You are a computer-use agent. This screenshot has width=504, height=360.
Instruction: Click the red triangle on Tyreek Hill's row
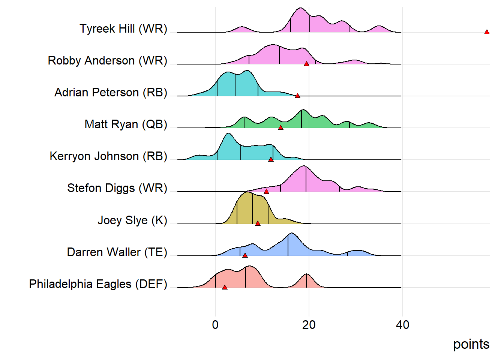487,32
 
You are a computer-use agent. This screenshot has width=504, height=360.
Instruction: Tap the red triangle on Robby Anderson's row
306,64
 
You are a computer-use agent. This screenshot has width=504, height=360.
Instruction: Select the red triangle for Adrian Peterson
297,96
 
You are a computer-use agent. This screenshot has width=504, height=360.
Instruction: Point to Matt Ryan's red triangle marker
280,128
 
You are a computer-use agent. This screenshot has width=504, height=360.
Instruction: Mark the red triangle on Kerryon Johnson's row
271,160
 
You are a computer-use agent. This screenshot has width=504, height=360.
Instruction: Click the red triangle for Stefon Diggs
266,192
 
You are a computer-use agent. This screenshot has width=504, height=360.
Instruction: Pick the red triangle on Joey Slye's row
258,223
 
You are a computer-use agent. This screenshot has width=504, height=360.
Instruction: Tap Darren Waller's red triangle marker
245,255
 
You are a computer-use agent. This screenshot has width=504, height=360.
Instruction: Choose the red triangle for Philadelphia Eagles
225,288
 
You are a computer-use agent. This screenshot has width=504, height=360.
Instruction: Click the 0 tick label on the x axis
215,325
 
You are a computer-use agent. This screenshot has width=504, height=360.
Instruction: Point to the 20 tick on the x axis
309,325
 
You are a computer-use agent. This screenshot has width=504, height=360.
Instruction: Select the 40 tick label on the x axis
402,325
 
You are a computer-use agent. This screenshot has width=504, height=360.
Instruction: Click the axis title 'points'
471,344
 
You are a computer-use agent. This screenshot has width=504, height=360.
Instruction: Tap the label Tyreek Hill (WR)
123,28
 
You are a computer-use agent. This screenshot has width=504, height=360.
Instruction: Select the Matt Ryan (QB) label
126,124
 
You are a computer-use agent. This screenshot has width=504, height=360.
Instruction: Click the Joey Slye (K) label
132,220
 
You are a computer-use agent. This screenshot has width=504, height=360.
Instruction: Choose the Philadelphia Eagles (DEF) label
98,284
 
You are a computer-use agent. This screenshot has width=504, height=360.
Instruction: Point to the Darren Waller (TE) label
117,252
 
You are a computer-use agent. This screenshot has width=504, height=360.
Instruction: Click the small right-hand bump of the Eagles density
307,281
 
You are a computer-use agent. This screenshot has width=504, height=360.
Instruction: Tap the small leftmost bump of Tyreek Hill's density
242,29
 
